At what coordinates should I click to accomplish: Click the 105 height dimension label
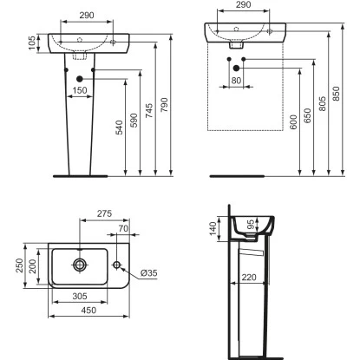(x=32, y=43)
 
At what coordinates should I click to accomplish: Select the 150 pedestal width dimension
(x=80, y=90)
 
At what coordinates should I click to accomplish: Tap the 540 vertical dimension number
(x=119, y=128)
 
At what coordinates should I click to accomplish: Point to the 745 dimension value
(x=149, y=110)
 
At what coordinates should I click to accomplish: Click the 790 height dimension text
(x=164, y=105)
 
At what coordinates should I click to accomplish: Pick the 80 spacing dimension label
(x=236, y=81)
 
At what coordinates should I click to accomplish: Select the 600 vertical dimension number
(x=293, y=121)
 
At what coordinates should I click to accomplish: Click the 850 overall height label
(x=336, y=94)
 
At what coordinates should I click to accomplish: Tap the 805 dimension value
(x=322, y=103)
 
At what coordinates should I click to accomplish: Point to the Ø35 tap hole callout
(x=149, y=272)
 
